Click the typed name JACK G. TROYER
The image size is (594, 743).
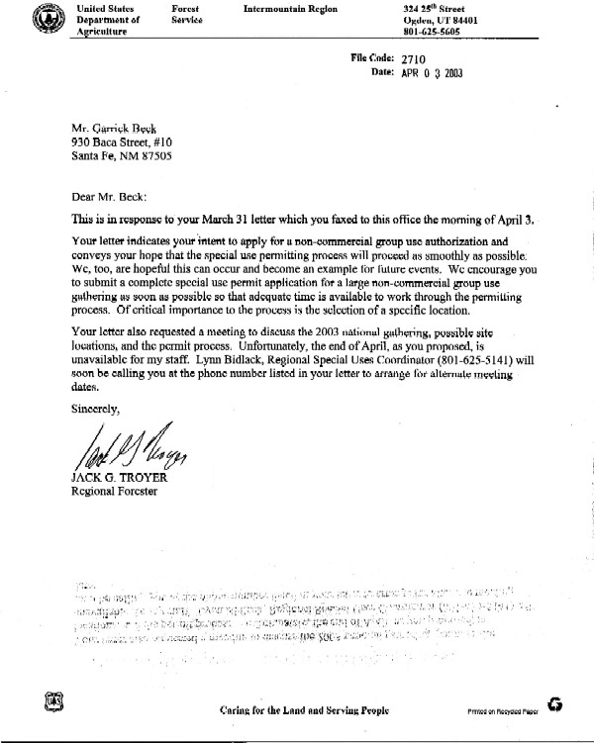coord(118,480)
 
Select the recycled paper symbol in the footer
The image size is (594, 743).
coord(557,705)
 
